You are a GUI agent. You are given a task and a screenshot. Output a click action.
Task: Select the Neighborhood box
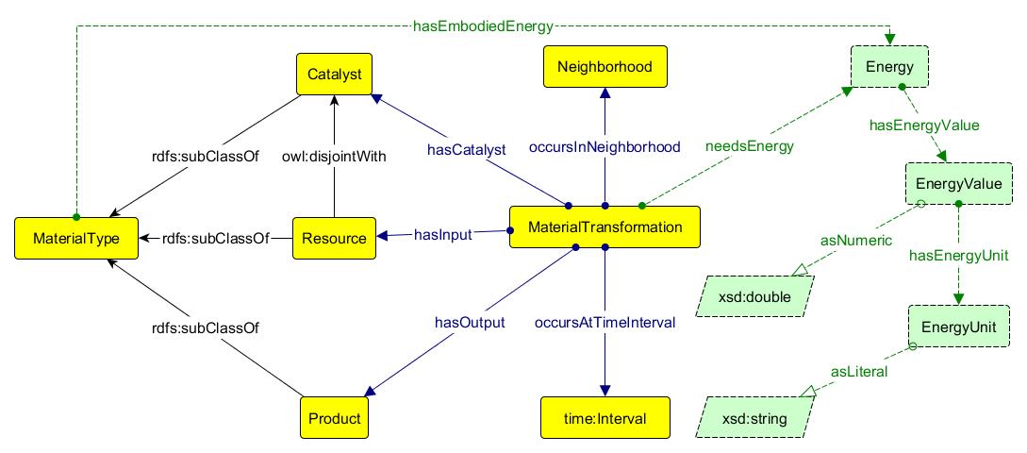(x=605, y=68)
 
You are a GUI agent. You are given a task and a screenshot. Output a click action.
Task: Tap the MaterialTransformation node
(x=605, y=227)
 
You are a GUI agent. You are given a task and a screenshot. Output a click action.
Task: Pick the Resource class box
(x=335, y=239)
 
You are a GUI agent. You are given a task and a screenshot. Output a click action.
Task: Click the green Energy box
(x=890, y=66)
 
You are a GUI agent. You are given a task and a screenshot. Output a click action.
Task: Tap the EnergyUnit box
(x=958, y=326)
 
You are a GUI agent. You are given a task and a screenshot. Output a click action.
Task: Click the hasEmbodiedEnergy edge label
(x=483, y=26)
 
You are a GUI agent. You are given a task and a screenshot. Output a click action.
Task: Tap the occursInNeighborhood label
(x=605, y=147)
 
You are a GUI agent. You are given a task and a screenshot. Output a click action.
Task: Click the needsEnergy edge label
(x=750, y=146)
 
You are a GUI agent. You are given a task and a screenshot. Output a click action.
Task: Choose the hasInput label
(x=443, y=234)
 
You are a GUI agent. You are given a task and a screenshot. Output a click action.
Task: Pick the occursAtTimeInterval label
(x=605, y=323)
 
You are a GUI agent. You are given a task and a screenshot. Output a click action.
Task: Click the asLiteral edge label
(x=858, y=372)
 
